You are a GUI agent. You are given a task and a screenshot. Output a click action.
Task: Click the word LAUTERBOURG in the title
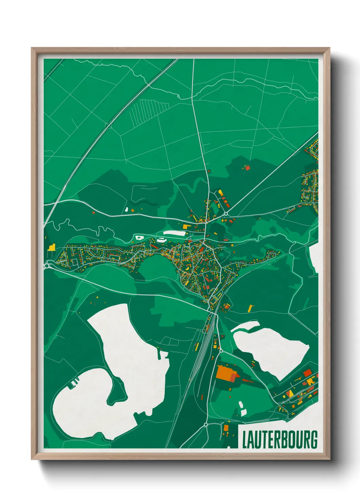pyautogui.click(x=280, y=440)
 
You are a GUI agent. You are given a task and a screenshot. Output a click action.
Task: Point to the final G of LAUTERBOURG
pyautogui.click(x=314, y=440)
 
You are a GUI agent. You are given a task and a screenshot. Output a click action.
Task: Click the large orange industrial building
pyautogui.click(x=224, y=373)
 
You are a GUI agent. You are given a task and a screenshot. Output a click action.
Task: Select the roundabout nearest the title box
pyautogui.click(x=206, y=424)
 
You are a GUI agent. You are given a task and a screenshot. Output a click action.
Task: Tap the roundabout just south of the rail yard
pyautogui.click(x=220, y=350)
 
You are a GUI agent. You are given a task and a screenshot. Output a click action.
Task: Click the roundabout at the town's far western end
pyautogui.click(x=47, y=266)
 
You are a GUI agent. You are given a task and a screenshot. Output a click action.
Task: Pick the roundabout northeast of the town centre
pyautogui.click(x=226, y=214)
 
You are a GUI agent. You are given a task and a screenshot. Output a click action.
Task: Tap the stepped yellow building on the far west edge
pyautogui.click(x=51, y=247)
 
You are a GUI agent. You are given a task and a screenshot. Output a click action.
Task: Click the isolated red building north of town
pyautogui.click(x=247, y=167)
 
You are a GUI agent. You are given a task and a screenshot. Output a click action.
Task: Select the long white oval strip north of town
pyautogui.click(x=174, y=233)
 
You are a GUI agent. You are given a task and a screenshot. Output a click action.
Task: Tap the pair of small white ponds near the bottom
pyautogui.click(x=242, y=408)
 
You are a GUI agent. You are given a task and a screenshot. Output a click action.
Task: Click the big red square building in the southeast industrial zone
pyautogui.click(x=307, y=373)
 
